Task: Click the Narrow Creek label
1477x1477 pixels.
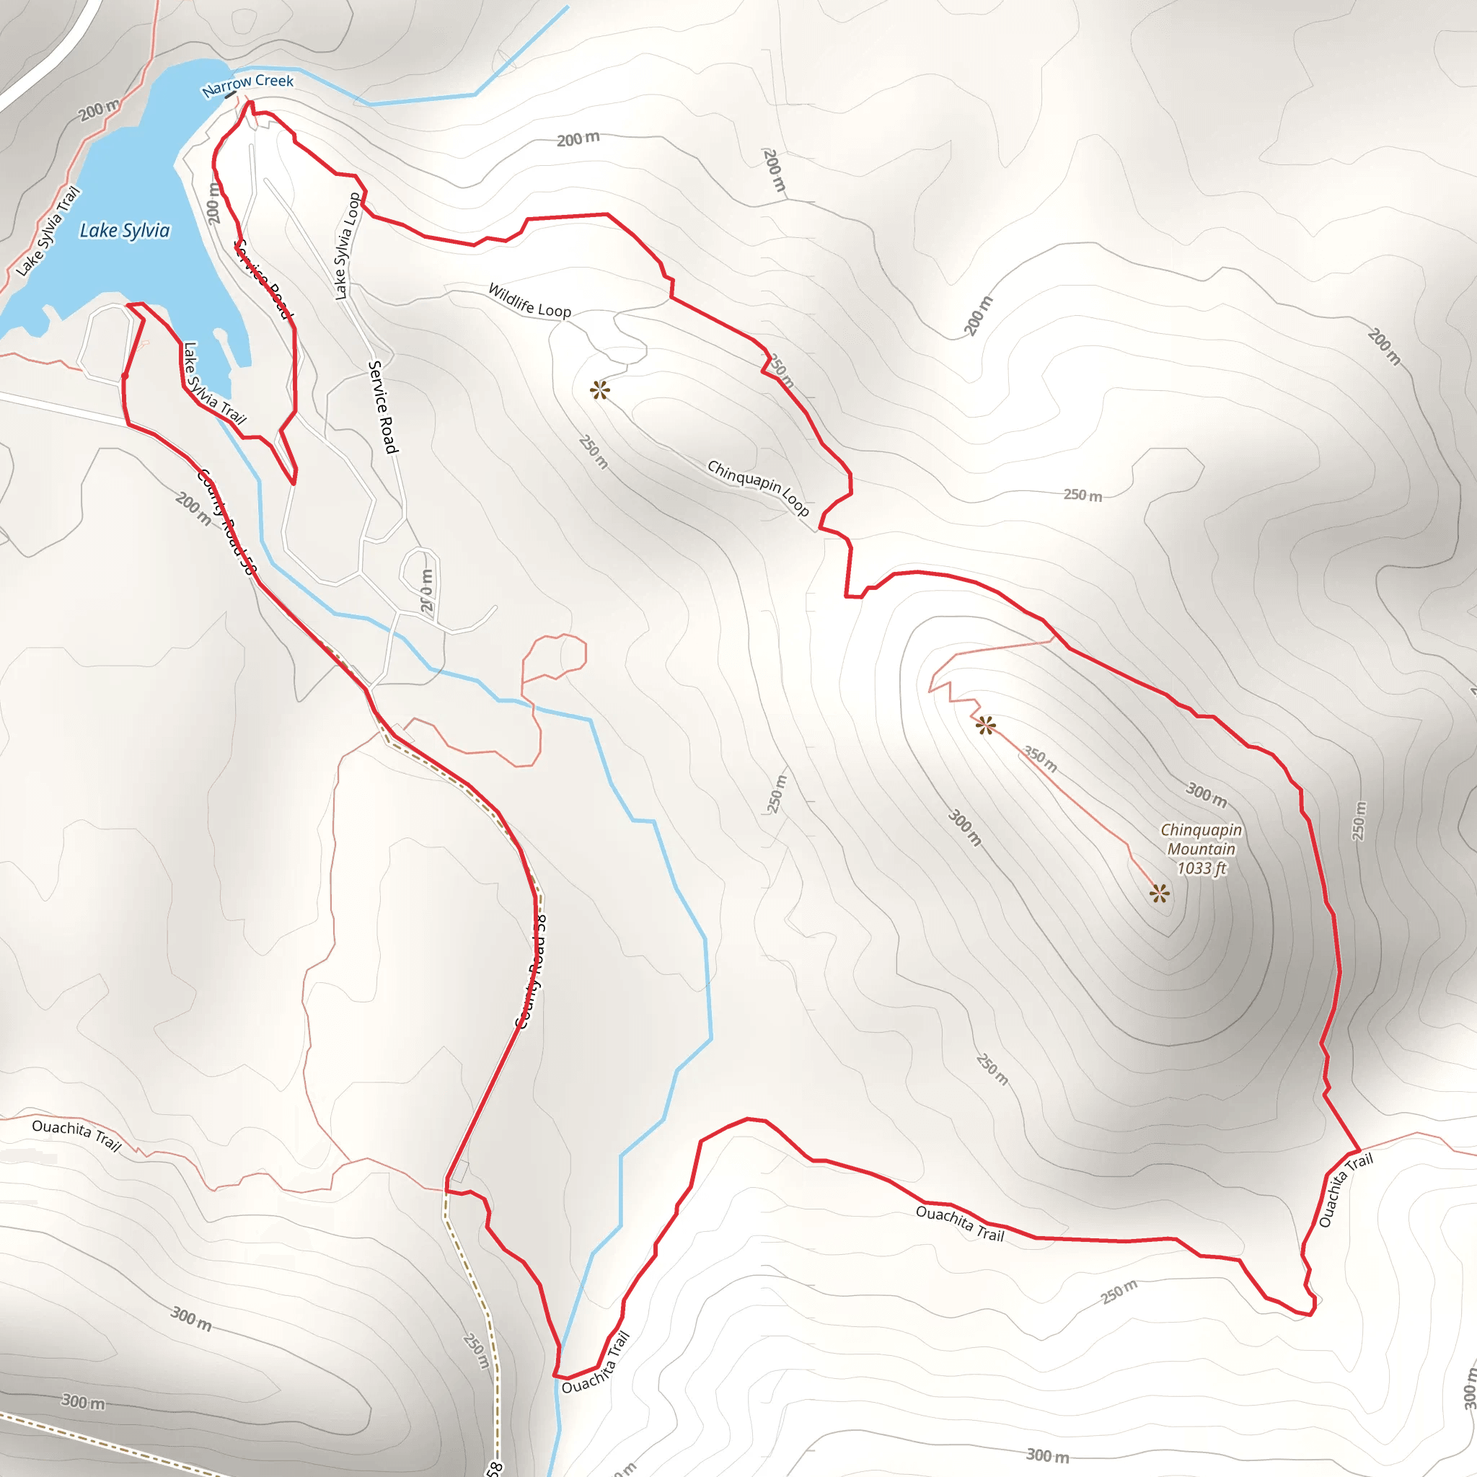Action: pos(247,85)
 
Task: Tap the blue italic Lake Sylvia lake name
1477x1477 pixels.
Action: pos(125,230)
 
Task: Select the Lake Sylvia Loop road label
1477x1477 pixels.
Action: pos(346,245)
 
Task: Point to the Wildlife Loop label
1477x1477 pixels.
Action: pos(529,301)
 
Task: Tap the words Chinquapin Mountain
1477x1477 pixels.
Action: pos(1200,839)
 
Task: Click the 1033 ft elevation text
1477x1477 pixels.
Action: pos(1201,868)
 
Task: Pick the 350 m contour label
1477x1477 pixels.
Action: pos(1041,759)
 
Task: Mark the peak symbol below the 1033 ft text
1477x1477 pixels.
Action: pos(1159,893)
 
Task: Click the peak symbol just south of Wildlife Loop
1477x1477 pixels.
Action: pos(600,391)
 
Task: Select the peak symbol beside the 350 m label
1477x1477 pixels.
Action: pos(985,726)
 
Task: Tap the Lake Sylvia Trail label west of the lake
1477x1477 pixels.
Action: pos(48,231)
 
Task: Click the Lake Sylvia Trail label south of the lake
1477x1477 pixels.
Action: pos(213,383)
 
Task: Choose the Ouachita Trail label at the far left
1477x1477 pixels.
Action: pos(76,1134)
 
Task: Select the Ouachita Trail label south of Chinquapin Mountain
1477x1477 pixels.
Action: pos(959,1223)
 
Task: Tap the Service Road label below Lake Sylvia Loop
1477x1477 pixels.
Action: pos(383,407)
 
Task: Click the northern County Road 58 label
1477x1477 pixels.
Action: pos(227,522)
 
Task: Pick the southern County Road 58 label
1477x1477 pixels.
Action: pos(532,971)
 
